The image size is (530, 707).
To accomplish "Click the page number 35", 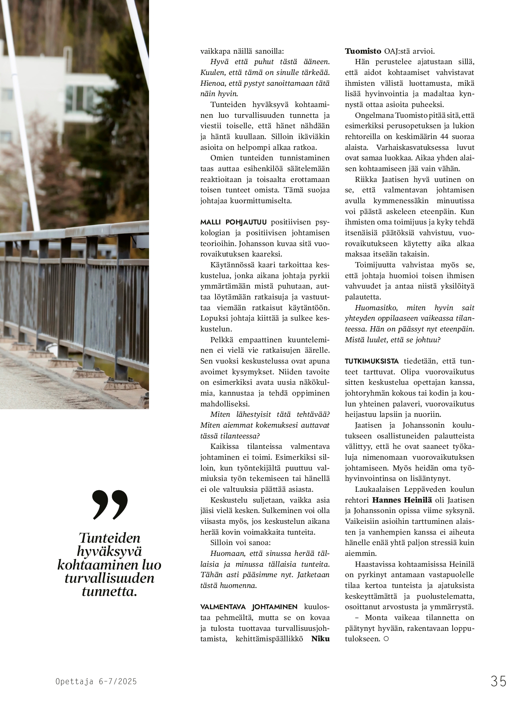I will (x=498, y=681).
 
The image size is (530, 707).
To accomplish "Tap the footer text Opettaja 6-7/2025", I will (x=96, y=681).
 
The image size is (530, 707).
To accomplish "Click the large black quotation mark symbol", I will (x=110, y=505).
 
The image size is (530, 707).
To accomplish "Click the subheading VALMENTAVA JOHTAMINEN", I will (x=249, y=607).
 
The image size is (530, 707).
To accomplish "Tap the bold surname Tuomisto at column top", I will (x=363, y=51).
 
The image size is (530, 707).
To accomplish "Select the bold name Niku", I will (x=320, y=639).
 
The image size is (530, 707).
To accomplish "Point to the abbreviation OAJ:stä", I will (x=398, y=51).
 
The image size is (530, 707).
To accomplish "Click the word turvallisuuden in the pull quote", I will (x=109, y=578).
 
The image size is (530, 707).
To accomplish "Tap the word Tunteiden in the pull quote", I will (x=109, y=538).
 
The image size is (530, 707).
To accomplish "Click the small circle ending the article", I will (x=386, y=639).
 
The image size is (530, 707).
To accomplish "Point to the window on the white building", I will (x=80, y=98).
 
